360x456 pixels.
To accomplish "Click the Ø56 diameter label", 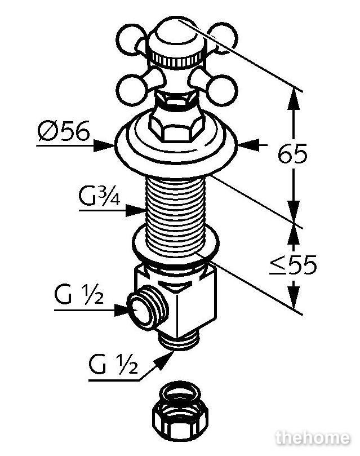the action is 63,131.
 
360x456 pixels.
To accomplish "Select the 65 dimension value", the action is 292,153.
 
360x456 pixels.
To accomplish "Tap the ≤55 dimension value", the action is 293,265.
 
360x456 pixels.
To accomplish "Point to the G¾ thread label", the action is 99,196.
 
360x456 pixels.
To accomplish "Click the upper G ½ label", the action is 79,294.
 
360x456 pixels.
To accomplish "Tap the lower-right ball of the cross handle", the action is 223,90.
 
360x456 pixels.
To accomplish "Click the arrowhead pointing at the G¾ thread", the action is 136,210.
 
